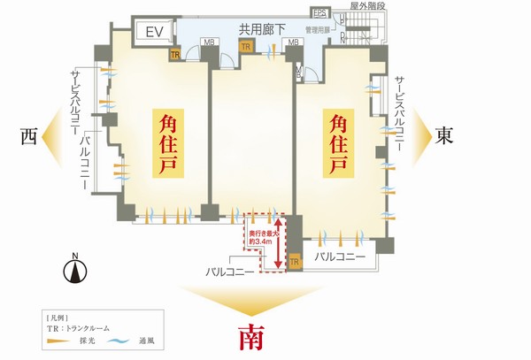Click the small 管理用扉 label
tap(318, 29)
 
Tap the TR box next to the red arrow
tap(295, 261)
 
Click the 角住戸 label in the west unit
tap(165, 144)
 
